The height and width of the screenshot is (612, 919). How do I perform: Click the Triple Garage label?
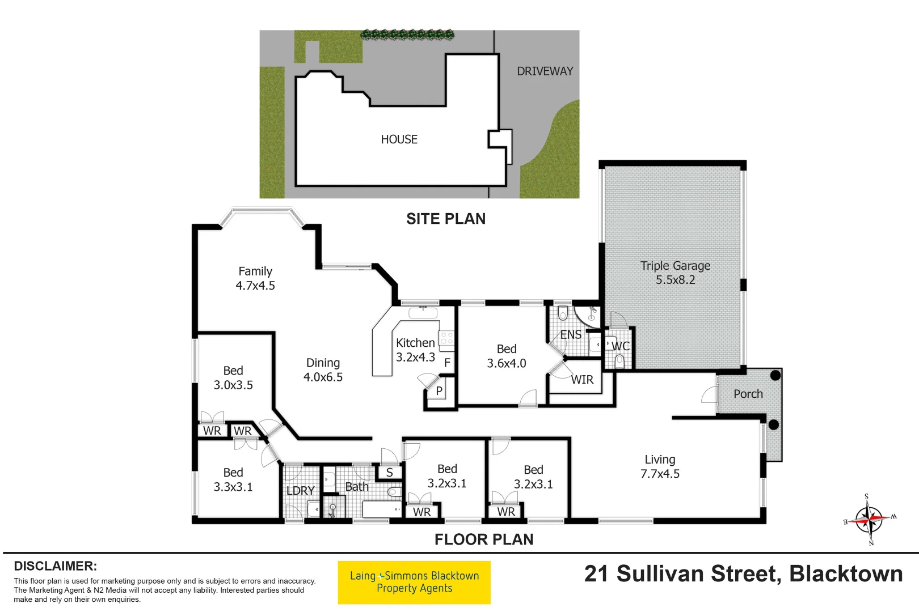[675, 273]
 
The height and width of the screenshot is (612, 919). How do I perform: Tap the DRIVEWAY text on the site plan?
[545, 71]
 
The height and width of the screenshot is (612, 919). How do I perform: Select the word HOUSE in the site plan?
[399, 139]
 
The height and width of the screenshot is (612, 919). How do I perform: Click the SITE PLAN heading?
[446, 219]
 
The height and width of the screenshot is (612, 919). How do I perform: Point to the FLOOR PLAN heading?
[484, 539]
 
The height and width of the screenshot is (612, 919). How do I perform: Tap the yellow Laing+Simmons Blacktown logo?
[414, 583]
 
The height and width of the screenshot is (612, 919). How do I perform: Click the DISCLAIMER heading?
[55, 566]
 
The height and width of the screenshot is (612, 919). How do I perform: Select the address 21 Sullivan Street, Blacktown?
[743, 574]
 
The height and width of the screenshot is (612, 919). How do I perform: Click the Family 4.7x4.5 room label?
[255, 278]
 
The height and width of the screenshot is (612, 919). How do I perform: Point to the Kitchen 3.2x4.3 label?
[415, 350]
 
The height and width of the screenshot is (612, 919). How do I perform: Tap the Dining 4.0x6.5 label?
[323, 369]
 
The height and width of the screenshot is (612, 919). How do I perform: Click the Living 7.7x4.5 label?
[660, 466]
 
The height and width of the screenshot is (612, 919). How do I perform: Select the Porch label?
[748, 394]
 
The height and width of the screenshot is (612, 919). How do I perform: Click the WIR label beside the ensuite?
[582, 380]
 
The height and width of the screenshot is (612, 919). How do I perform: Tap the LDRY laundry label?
[300, 491]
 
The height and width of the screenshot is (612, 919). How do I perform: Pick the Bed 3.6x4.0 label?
[507, 356]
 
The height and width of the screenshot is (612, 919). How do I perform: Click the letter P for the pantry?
[439, 390]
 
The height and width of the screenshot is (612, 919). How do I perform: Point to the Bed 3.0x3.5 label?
[233, 377]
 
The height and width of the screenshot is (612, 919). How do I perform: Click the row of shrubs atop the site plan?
[408, 35]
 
